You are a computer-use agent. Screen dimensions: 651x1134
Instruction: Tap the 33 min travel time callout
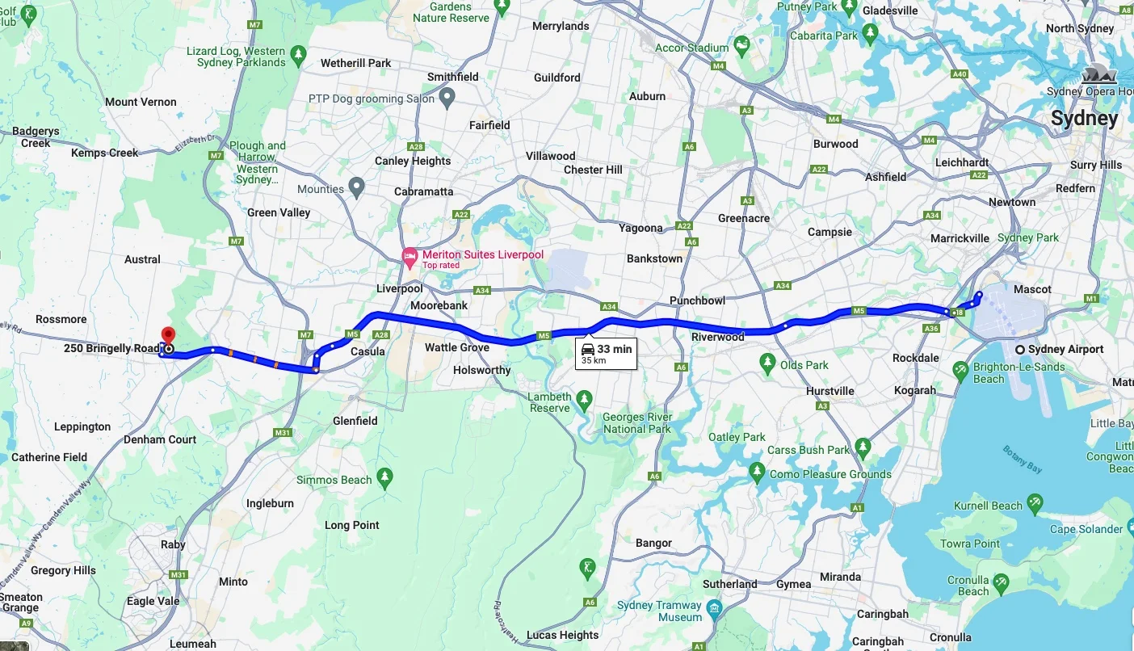click(x=606, y=353)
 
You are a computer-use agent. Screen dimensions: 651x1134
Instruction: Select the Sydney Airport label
click(x=1065, y=350)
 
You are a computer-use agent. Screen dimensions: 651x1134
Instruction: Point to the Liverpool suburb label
click(x=399, y=288)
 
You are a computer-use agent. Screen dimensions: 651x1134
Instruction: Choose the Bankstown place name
click(x=654, y=258)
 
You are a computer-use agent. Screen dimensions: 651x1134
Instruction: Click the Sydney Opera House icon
click(x=1098, y=74)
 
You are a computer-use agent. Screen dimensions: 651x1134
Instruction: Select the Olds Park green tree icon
click(x=767, y=365)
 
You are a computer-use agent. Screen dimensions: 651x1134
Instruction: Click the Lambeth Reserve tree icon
click(x=584, y=398)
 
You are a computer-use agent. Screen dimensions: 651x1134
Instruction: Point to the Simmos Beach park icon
click(x=384, y=479)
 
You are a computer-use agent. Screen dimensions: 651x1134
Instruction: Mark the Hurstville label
click(x=829, y=391)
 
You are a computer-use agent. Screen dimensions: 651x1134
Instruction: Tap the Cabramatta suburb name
click(x=423, y=191)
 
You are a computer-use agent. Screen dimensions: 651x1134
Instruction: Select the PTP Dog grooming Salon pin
click(x=447, y=99)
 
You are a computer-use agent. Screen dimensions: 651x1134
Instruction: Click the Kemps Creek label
click(x=104, y=153)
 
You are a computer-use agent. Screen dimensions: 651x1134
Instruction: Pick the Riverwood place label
click(x=717, y=337)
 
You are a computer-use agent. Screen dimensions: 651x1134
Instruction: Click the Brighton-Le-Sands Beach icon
click(x=960, y=371)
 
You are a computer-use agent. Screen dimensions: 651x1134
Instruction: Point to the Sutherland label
click(x=729, y=584)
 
